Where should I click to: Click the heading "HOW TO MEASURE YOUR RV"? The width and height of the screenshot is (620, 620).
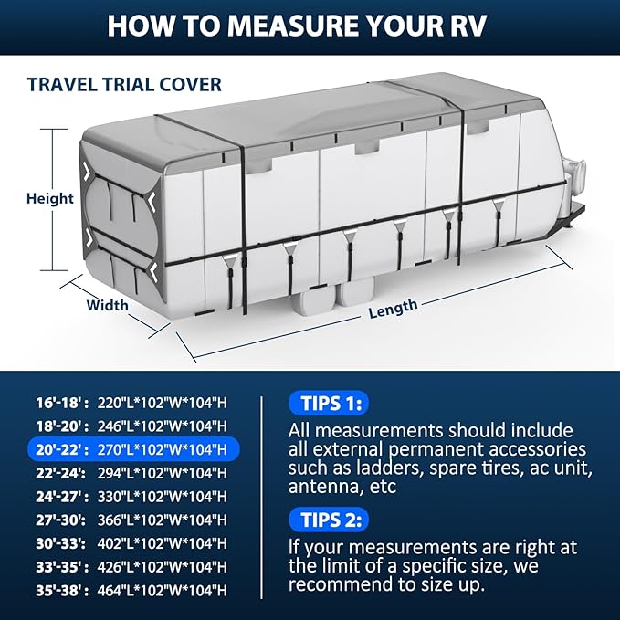coord(310,25)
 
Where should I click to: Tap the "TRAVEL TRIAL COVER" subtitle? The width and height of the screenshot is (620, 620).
coord(124,85)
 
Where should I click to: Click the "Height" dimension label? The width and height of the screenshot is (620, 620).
coord(49,198)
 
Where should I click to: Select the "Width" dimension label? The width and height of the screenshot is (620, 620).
coord(107,305)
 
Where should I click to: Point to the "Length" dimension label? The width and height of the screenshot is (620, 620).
coord(393,309)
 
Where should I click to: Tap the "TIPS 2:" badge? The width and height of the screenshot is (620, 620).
coord(329,520)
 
